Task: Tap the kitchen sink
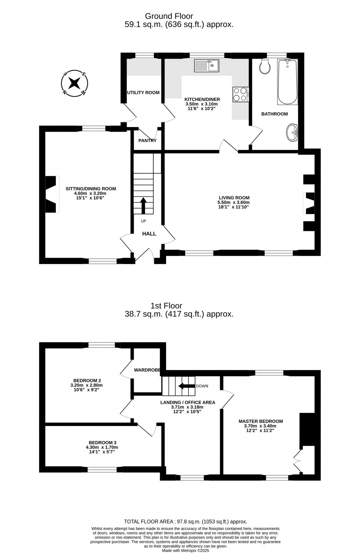[206, 66]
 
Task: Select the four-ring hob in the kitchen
[241, 94]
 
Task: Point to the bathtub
[287, 82]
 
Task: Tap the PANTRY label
[147, 141]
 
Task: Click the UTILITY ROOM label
[143, 93]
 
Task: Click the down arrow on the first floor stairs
[186, 386]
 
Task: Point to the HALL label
[149, 234]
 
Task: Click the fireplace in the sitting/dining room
[52, 194]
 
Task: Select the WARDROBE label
[147, 370]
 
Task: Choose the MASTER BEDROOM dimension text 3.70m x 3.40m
[260, 426]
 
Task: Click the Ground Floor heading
[169, 16]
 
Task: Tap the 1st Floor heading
[166, 306]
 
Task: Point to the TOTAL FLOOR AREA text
[186, 521]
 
